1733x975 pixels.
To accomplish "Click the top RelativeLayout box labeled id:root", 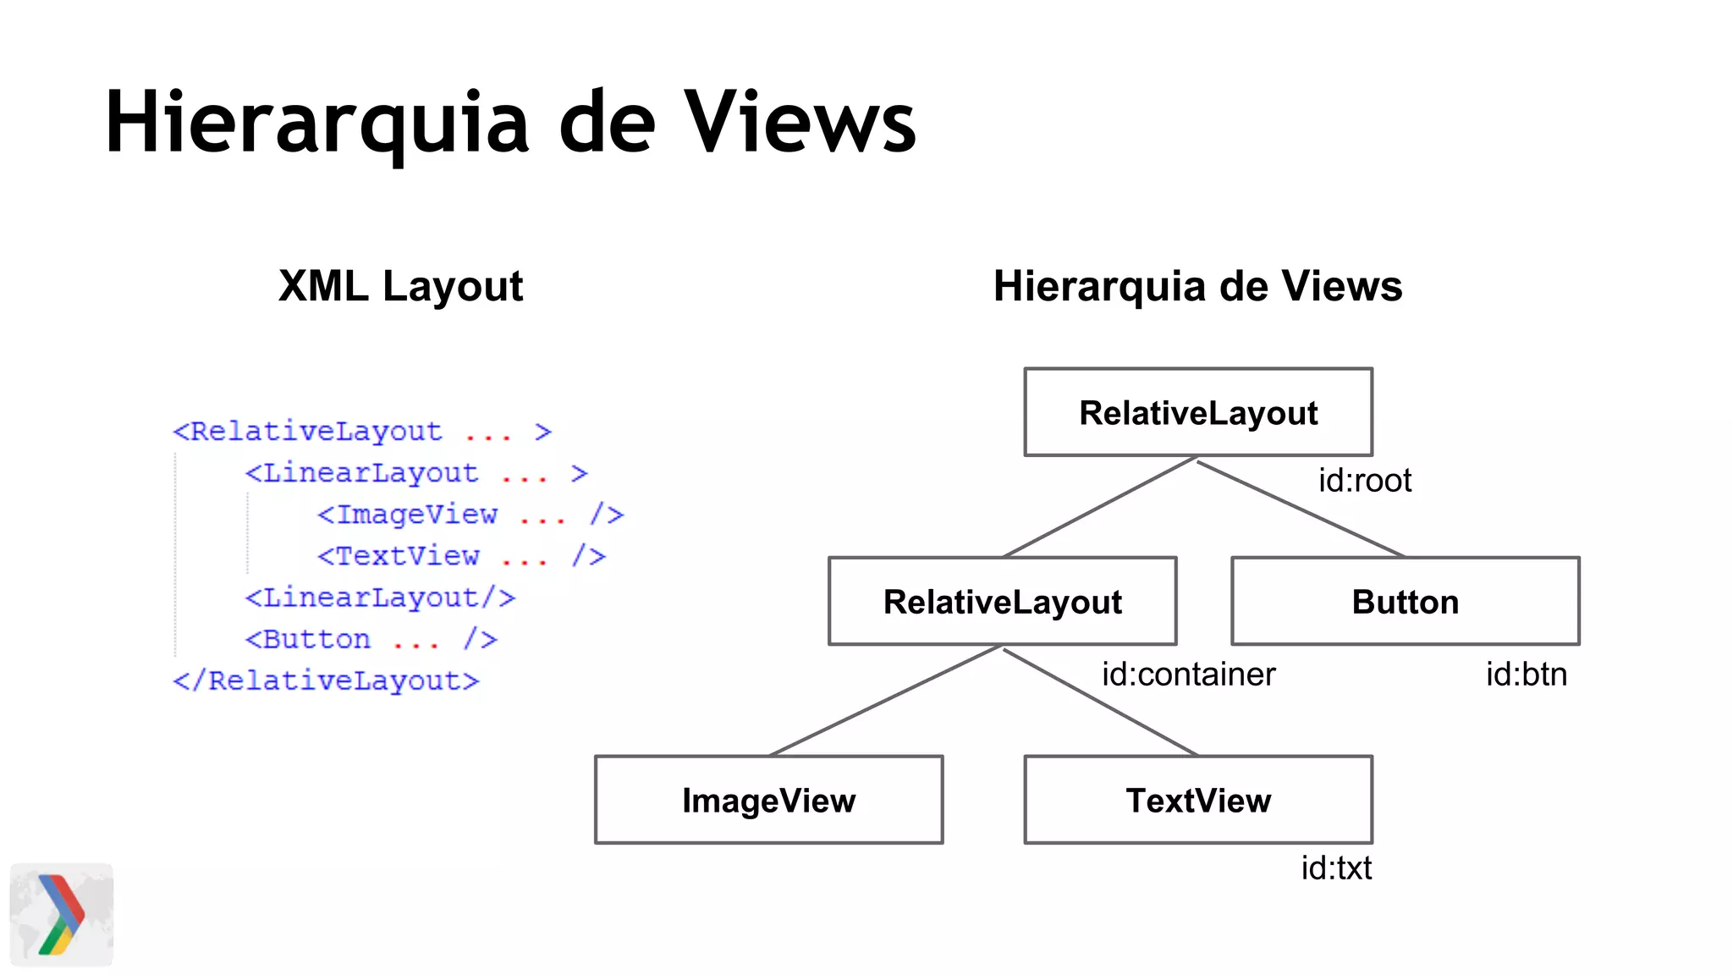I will coord(1198,413).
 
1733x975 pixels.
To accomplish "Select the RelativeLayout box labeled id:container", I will coord(1002,602).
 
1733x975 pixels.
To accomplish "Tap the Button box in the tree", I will coord(1405,602).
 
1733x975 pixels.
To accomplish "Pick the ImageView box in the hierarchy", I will coord(768,800).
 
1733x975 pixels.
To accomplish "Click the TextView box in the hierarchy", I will coord(1198,800).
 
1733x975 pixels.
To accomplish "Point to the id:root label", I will coord(1364,481).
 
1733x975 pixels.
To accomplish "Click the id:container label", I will coord(1188,675).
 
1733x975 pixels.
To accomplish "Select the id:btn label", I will coord(1527,675).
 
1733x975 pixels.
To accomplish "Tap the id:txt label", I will coord(1336,868).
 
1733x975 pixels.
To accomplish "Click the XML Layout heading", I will coord(400,286).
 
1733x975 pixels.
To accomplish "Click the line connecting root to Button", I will coord(1301,509).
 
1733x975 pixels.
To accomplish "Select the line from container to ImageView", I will coord(885,702).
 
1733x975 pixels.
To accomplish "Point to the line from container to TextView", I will coord(1100,702).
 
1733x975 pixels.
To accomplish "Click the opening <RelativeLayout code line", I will coord(361,432).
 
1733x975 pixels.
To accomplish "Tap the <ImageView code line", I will coord(470,515).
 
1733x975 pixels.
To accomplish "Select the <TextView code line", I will coord(461,556).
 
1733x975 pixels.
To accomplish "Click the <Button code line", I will coord(371,639).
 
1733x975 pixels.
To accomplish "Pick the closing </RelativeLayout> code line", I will coord(326,680).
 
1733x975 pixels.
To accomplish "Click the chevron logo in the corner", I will coord(61,914).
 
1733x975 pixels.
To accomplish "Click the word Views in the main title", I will coord(800,123).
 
